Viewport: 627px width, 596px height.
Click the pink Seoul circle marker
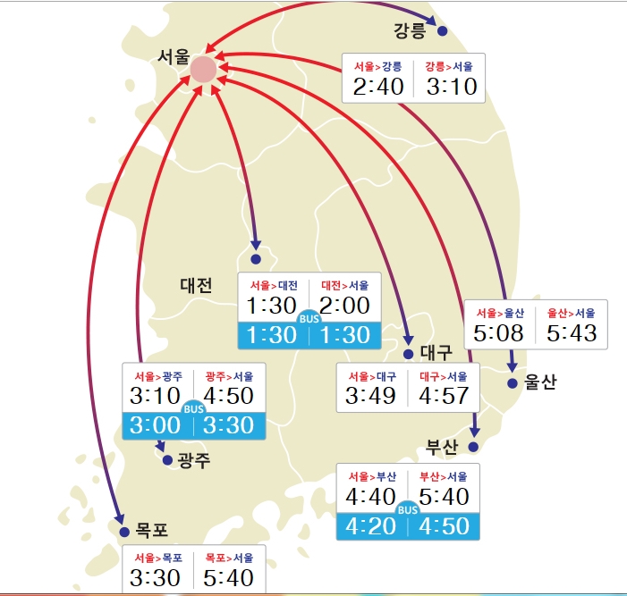(203, 70)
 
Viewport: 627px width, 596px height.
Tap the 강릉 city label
(411, 30)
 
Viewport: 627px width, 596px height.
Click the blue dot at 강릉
(442, 31)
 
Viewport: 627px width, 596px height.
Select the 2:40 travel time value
(378, 87)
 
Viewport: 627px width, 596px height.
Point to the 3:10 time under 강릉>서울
(452, 87)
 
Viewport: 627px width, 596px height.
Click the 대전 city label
(196, 286)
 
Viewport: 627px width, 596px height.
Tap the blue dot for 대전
(256, 259)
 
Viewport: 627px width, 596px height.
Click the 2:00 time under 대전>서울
(344, 306)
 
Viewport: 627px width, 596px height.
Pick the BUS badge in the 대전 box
(309, 319)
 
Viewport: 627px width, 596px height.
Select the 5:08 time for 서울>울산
(500, 332)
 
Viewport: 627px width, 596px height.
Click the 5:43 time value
(572, 332)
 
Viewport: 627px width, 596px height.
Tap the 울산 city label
(540, 382)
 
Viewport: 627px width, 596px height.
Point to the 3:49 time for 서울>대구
(372, 395)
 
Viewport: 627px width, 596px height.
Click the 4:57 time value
(445, 395)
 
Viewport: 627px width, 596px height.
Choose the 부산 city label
(441, 446)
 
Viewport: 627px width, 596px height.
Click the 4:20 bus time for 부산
(371, 525)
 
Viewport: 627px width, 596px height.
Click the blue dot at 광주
(166, 461)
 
